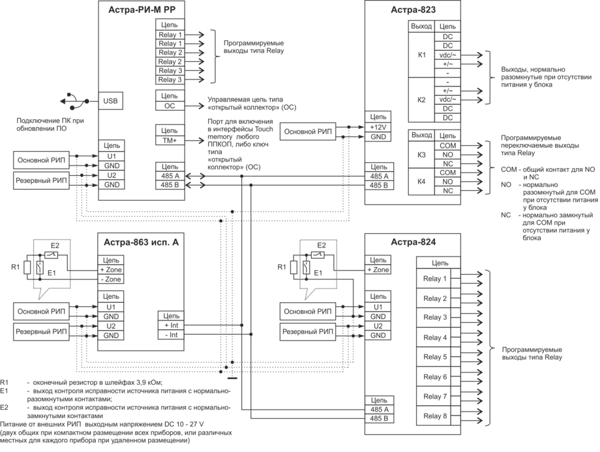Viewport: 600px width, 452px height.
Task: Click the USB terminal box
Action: pos(110,101)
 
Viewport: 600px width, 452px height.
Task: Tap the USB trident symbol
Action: pos(71,101)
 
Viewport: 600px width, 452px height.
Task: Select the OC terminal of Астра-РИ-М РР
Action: pos(170,105)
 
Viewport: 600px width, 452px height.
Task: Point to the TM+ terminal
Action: pos(170,140)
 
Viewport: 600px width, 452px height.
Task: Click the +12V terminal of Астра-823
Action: pos(378,127)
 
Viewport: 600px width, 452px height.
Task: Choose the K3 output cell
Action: pos(421,155)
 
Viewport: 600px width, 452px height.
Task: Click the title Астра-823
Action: pos(413,10)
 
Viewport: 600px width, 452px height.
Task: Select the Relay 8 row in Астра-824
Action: pos(436,416)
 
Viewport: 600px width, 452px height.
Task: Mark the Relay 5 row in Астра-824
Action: pos(436,357)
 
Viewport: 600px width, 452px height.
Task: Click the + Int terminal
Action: pos(171,325)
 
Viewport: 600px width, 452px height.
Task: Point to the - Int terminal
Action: pos(171,334)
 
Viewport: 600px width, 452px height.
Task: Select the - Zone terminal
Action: pos(110,279)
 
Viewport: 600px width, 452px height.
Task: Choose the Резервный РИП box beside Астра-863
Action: pos(40,332)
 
